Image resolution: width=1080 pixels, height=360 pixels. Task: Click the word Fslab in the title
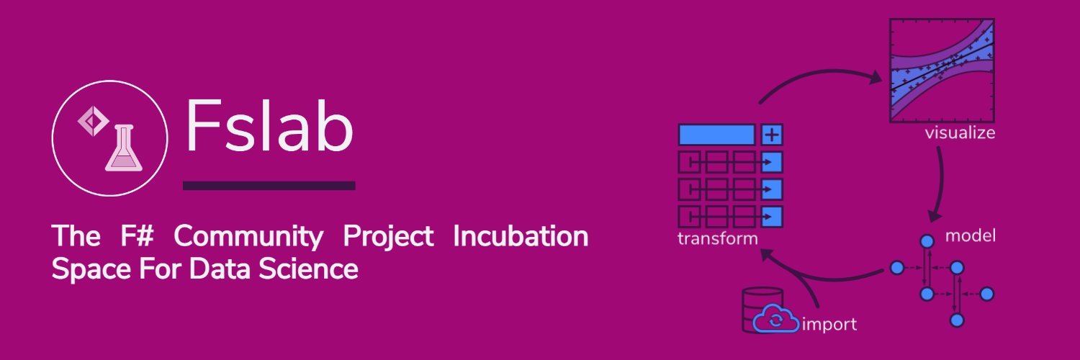(x=269, y=128)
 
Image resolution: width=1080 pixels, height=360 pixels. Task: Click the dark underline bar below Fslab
(x=269, y=186)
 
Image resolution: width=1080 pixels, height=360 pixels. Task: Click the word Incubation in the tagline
(x=520, y=236)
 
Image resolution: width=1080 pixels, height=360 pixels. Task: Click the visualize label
(x=960, y=133)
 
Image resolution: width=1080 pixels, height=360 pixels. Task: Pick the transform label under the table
(x=718, y=238)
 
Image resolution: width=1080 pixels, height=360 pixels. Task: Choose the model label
(x=970, y=235)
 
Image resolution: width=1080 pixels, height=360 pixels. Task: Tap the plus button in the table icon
(x=772, y=135)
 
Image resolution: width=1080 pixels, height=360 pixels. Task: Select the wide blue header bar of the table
(x=716, y=135)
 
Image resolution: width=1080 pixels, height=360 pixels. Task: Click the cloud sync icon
(x=775, y=320)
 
